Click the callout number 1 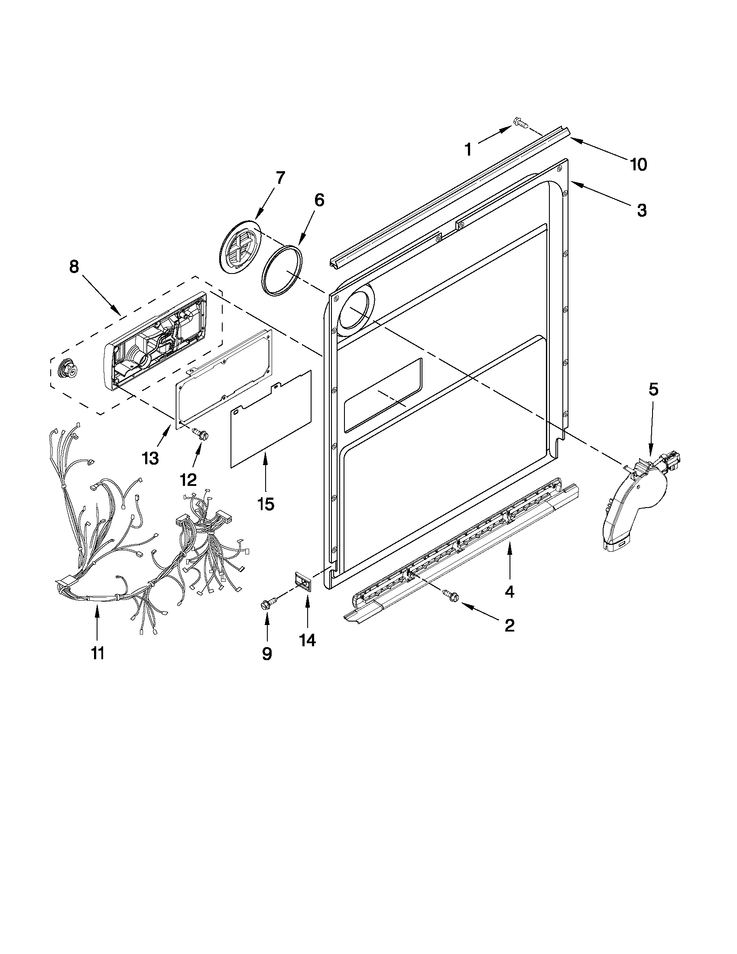(468, 150)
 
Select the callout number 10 (638, 164)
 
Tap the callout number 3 (641, 210)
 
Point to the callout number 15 (266, 504)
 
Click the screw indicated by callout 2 (450, 594)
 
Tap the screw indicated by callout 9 (266, 605)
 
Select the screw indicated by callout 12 (202, 433)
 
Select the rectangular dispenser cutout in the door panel (383, 395)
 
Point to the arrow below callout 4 (509, 559)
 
